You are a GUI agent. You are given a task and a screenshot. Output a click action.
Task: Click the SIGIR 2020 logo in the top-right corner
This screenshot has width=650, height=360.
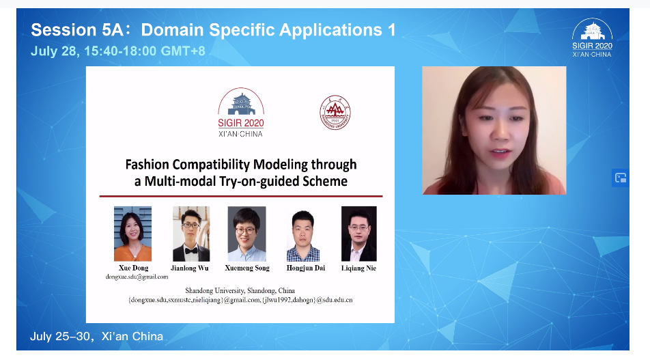592,38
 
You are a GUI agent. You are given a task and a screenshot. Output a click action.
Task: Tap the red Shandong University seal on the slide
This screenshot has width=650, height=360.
335,113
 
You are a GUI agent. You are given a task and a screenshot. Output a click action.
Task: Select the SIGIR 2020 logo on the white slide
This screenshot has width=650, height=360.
241,113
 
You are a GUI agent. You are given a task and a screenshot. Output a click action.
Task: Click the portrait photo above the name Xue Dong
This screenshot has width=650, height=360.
132,234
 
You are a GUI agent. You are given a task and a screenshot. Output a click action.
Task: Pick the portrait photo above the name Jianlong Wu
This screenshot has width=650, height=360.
191,234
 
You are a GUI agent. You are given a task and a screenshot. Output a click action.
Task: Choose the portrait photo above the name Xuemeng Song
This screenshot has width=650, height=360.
246,234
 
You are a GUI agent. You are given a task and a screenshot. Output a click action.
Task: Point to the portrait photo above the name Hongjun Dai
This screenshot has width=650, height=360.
303,236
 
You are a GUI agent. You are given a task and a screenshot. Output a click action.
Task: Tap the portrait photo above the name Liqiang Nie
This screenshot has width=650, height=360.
359,234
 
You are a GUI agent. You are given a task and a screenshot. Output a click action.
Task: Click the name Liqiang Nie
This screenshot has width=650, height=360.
358,268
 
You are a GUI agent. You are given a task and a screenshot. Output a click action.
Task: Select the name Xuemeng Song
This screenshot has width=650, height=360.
247,268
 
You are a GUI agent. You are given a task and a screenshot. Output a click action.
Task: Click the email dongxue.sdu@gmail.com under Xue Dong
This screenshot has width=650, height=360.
137,277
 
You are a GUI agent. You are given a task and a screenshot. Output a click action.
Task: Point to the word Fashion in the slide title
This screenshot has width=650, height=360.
147,164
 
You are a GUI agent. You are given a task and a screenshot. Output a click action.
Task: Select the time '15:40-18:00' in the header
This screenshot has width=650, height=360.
120,51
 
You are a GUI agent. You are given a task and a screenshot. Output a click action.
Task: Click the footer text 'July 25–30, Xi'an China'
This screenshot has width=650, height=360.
96,336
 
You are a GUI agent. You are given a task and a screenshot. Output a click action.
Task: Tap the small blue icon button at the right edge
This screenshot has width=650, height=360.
621,178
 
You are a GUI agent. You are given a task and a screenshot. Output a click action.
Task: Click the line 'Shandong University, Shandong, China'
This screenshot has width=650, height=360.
240,291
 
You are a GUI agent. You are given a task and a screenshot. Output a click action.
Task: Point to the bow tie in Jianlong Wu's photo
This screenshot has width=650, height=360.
191,250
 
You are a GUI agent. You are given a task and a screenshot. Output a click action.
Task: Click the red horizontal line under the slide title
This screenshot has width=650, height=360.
241,196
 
